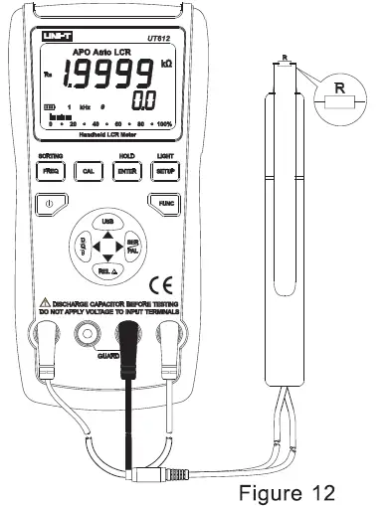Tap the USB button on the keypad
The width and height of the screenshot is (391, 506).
[107, 219]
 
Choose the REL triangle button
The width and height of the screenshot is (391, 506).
[107, 269]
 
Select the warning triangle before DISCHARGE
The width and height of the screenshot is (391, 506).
[45, 301]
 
